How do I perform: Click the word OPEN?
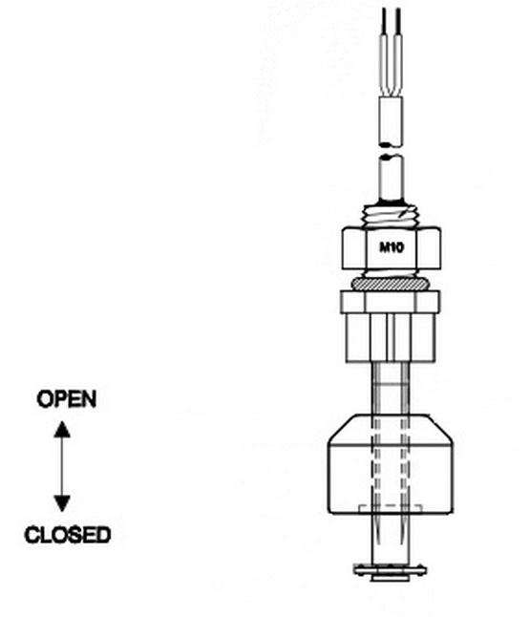pos(67,399)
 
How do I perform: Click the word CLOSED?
pos(67,535)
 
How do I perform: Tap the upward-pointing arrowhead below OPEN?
pos(62,429)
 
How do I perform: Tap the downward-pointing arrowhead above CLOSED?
pos(62,503)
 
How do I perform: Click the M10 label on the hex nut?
pos(392,247)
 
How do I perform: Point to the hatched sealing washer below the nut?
pos(390,284)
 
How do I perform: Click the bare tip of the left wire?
pos(384,21)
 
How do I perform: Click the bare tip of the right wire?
pos(398,21)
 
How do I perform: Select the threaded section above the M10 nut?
pos(391,216)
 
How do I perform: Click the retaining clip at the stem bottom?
pos(390,571)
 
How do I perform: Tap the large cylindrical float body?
pos(391,479)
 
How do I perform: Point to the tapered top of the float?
pos(391,429)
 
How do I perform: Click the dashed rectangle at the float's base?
pos(391,509)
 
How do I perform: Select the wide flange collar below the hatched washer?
pos(390,302)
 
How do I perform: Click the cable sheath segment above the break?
pos(391,121)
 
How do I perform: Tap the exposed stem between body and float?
pos(391,388)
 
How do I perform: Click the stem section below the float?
pos(391,539)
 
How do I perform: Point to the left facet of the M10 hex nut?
pos(354,248)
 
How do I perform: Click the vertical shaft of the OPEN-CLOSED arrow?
pos(62,467)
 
